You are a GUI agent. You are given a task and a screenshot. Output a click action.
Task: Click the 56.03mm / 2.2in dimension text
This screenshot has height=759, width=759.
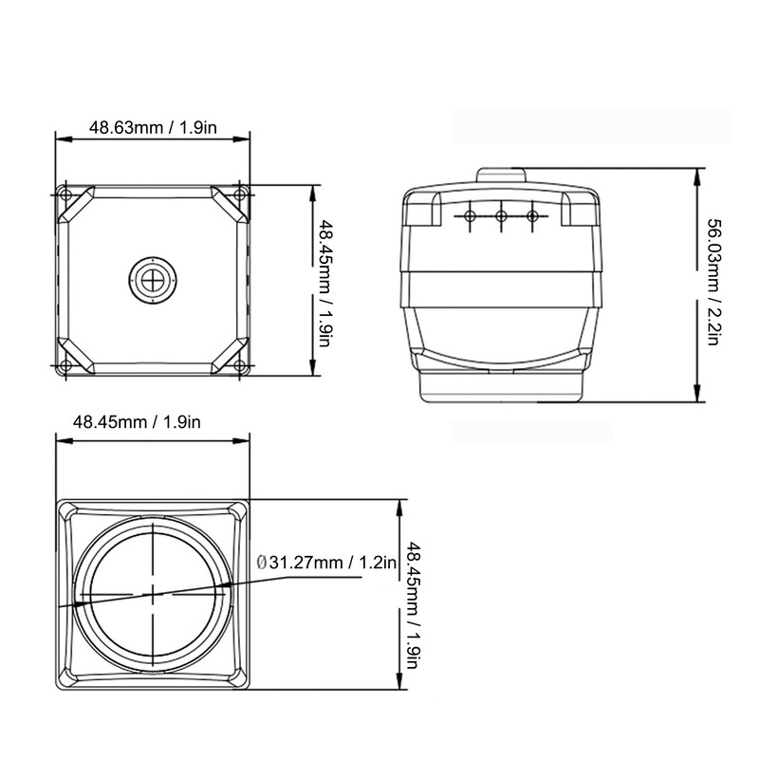[x=715, y=282]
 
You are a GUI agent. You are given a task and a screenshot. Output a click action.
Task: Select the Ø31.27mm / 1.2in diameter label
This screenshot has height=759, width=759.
[x=325, y=563]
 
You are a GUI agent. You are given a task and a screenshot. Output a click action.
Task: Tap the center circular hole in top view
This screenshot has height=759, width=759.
[x=152, y=278]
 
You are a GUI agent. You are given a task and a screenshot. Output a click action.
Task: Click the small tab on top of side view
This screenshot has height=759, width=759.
[x=500, y=176]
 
